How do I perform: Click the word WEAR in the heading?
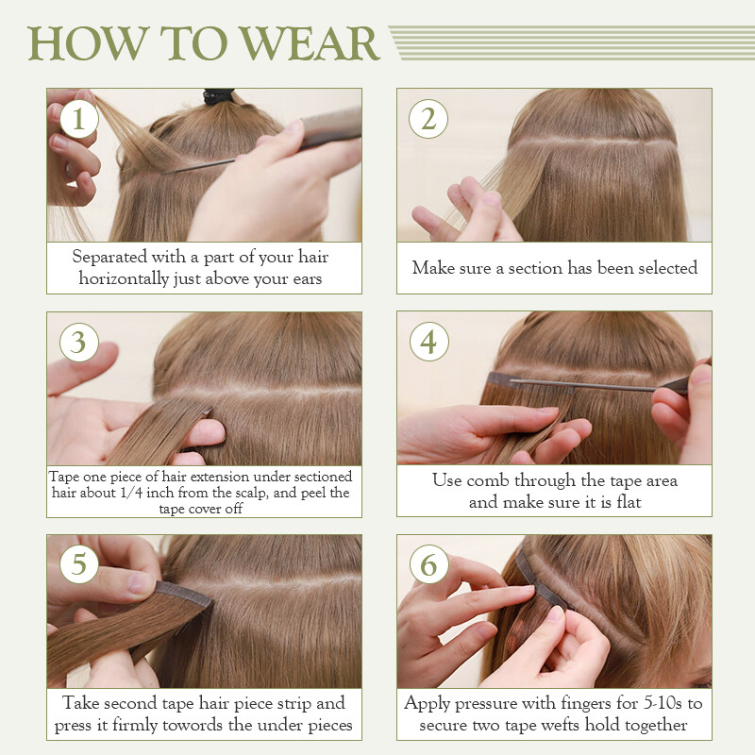[310, 43]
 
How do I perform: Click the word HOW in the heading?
[88, 43]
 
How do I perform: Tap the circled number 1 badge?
[79, 119]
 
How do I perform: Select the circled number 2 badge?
[428, 119]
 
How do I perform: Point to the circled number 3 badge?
[79, 343]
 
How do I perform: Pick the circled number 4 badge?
[429, 342]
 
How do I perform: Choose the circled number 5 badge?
[79, 564]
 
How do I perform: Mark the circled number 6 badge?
[429, 564]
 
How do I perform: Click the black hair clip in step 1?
[219, 96]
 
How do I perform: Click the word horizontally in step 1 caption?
[124, 278]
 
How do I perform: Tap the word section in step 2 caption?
[535, 268]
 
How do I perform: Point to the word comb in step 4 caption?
[487, 480]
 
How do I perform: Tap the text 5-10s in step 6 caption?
[663, 703]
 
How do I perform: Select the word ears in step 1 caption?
[305, 279]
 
